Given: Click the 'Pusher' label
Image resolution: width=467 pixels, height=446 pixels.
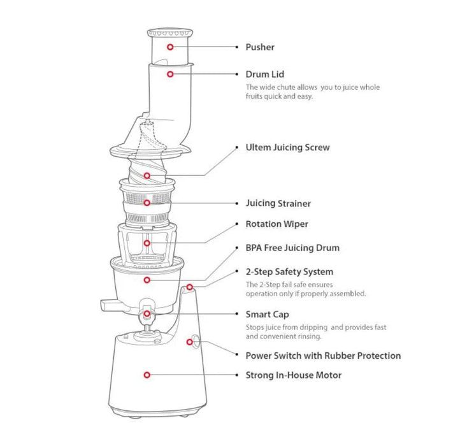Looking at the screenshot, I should click(x=260, y=47).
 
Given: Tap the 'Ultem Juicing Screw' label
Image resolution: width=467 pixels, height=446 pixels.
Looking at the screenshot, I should click(x=287, y=147).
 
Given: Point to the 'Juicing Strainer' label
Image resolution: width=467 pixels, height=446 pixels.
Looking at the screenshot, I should click(x=278, y=203).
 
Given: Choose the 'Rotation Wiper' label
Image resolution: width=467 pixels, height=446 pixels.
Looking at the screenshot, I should click(x=277, y=224).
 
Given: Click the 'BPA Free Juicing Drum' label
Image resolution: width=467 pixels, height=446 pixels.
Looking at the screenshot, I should click(x=292, y=248).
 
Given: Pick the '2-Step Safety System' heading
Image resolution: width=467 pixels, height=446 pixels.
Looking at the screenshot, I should click(x=289, y=272).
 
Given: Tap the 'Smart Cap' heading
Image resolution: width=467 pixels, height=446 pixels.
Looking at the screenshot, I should click(x=267, y=315).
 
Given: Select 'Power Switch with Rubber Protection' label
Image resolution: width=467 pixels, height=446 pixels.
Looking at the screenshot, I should click(x=323, y=356).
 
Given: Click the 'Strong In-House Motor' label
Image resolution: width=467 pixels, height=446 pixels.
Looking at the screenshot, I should click(x=293, y=375).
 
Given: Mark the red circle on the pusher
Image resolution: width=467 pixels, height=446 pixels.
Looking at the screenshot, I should click(x=170, y=47).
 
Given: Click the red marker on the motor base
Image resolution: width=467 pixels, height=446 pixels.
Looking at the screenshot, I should click(x=147, y=375).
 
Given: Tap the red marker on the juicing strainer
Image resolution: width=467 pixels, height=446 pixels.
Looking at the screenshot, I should click(x=147, y=203).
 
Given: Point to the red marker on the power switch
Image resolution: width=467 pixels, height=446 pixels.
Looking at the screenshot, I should click(x=189, y=342).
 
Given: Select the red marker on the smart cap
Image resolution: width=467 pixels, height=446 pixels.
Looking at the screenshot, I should click(x=147, y=314).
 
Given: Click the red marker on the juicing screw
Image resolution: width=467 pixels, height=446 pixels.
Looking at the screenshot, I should click(x=147, y=176).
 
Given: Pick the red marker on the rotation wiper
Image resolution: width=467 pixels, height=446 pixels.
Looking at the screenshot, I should click(x=147, y=243).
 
